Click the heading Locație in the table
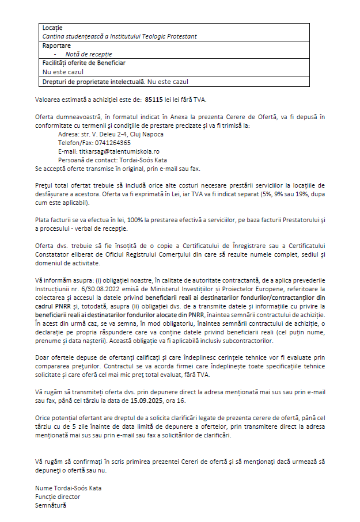tap(52, 28)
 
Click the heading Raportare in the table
tap(56, 45)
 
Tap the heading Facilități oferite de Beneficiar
tap(84, 63)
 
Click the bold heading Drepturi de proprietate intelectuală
tap(93, 81)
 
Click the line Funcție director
tap(58, 497)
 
